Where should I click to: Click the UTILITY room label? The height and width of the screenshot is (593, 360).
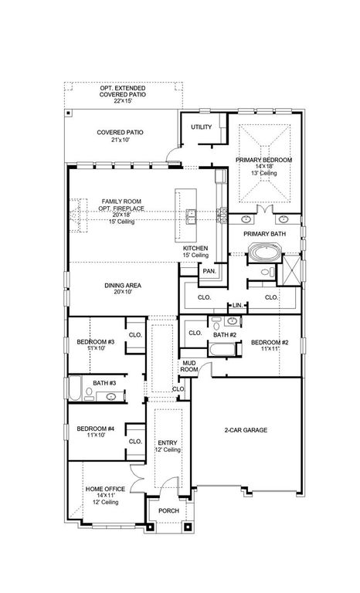[201, 127]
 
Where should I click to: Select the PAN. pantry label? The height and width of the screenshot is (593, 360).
[209, 271]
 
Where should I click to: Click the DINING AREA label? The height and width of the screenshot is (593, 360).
[123, 285]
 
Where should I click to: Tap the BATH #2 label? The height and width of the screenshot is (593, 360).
[224, 334]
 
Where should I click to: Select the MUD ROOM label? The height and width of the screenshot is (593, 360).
[190, 366]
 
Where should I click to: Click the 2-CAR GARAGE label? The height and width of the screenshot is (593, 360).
[246, 429]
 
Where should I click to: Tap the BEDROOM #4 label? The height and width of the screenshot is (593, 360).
[95, 430]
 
